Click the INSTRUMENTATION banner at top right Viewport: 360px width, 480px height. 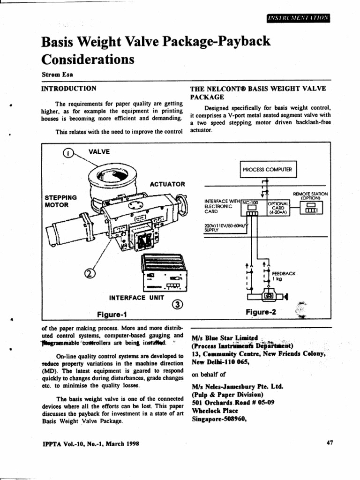(298, 18)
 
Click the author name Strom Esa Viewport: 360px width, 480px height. (55, 74)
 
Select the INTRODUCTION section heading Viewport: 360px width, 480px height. (69, 88)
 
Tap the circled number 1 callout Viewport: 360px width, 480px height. (68, 153)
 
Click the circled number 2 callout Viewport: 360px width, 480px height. (89, 273)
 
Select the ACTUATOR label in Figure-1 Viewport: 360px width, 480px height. (167, 184)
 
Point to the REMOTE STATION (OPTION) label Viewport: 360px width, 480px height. (310, 195)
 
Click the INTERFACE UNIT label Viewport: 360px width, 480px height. (136, 297)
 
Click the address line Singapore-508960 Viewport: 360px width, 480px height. (219, 419)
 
